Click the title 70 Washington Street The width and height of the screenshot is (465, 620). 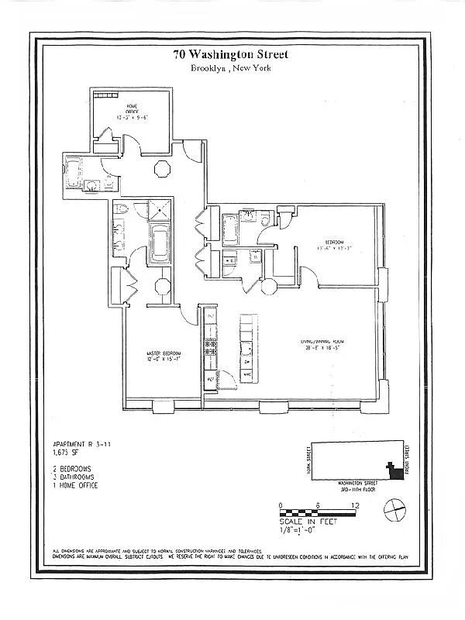point(231,54)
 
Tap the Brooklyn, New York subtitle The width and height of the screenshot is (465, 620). point(231,68)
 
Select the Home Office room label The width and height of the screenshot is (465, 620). point(132,112)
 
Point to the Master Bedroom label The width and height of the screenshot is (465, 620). point(164,357)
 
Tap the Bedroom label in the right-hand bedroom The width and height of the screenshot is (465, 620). point(334,245)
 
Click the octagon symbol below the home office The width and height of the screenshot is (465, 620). point(163,169)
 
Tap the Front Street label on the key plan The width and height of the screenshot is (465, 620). point(408,460)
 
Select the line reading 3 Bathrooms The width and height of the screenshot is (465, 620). point(74,477)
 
